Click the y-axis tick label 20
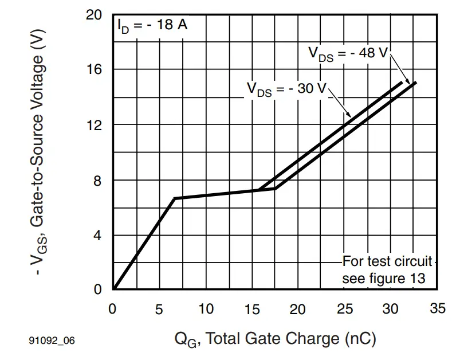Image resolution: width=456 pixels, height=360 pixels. [x=93, y=15]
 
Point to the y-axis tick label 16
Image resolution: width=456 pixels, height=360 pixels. [x=93, y=69]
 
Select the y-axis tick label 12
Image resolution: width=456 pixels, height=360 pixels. [x=93, y=125]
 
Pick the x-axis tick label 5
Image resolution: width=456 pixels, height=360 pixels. [x=159, y=310]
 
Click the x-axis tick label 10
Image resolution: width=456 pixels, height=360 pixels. [x=206, y=310]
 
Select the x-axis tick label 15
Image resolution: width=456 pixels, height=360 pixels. [x=252, y=310]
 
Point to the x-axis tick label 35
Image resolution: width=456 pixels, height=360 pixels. [x=437, y=309]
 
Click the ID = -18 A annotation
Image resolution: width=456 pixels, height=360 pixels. [x=152, y=25]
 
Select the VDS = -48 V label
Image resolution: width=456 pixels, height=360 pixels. [x=348, y=53]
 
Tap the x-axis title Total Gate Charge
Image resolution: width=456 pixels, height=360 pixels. [x=275, y=339]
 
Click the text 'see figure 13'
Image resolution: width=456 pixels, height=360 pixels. [x=384, y=279]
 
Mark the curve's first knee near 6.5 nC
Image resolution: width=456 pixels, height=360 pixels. [x=174, y=198]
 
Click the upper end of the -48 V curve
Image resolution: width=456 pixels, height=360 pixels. [x=415, y=83]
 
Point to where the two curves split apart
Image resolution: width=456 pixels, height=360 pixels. [x=259, y=190]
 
